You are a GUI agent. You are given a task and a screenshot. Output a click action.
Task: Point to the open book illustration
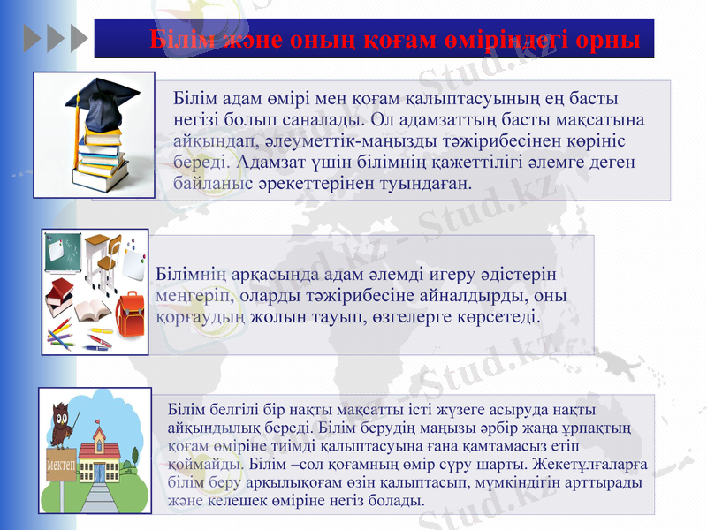pos(92,311)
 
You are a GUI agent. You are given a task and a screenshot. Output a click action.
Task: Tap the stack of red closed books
pos(59,294)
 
